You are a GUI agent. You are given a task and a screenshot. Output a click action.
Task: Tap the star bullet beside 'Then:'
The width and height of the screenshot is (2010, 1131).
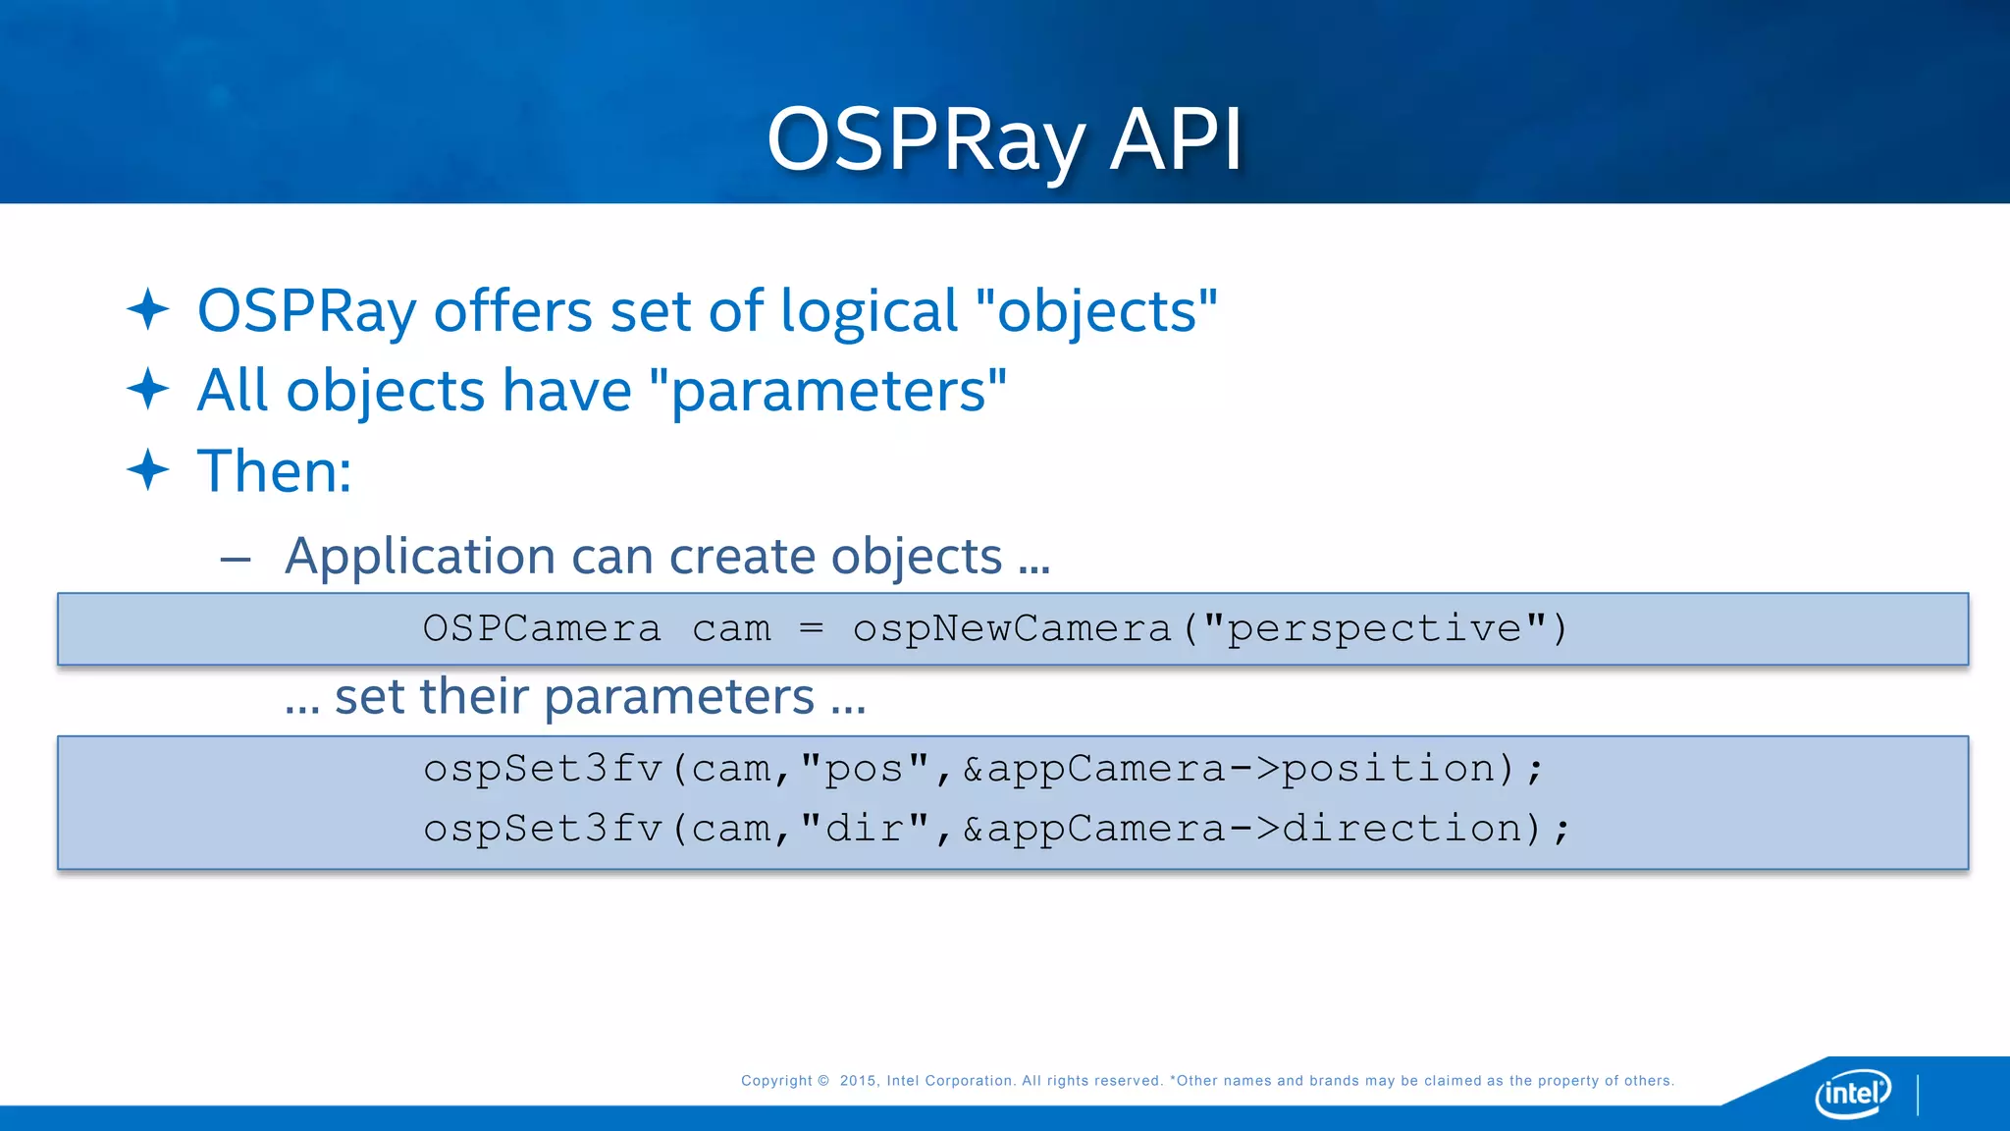pos(148,470)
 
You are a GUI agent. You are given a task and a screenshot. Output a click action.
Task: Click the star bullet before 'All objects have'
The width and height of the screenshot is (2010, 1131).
pos(148,389)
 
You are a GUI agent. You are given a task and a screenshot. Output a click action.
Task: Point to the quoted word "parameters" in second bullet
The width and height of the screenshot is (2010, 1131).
pos(828,391)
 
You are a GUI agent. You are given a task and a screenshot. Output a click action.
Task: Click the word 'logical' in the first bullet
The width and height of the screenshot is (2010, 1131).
pos(869,312)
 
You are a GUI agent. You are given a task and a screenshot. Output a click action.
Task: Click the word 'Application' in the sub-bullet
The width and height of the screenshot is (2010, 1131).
pos(420,557)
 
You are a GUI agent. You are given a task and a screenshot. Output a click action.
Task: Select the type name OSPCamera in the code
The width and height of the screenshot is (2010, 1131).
pos(542,629)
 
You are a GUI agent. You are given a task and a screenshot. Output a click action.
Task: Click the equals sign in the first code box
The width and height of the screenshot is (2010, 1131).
pos(811,628)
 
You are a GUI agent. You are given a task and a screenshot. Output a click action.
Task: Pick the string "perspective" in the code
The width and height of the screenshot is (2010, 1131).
pos(1375,629)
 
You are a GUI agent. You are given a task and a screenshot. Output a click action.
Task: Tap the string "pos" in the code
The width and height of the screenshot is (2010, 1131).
pos(865,769)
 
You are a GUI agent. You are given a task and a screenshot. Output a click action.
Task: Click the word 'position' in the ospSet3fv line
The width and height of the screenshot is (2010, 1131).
pos(1389,769)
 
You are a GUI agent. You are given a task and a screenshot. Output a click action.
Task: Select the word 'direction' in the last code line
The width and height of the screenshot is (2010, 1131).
pos(1402,829)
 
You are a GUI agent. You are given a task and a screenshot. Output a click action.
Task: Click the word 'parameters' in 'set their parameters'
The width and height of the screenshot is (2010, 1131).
pos(679,698)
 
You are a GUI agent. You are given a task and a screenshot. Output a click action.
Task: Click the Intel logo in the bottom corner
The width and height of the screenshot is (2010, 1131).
pos(1853,1093)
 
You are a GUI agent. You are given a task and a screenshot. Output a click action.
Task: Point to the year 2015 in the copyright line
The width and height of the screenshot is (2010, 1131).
pos(858,1081)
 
